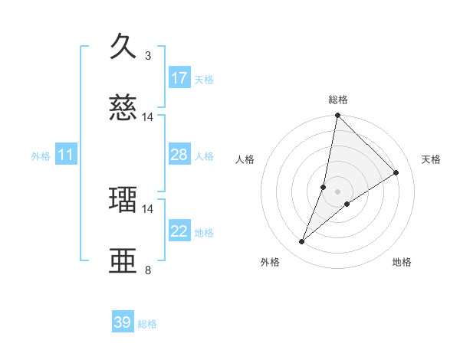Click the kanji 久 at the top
pos(123,47)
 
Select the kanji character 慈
pos(123,108)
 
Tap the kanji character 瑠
pos(123,200)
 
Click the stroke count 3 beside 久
pos(148,56)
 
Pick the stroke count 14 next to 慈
pos(148,117)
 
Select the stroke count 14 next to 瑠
pos(148,208)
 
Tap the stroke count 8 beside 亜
pos(148,270)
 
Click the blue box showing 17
pos(179,78)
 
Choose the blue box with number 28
pos(179,155)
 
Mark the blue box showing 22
pos(179,231)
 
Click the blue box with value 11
pos(66,155)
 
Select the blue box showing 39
pos(123,322)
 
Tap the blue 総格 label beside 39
pos(147,324)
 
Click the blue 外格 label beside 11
pos(41,156)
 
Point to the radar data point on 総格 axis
pos(337,116)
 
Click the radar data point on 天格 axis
pos(396,172)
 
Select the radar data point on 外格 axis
pos(302,242)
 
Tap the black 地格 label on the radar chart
pos(402,263)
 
